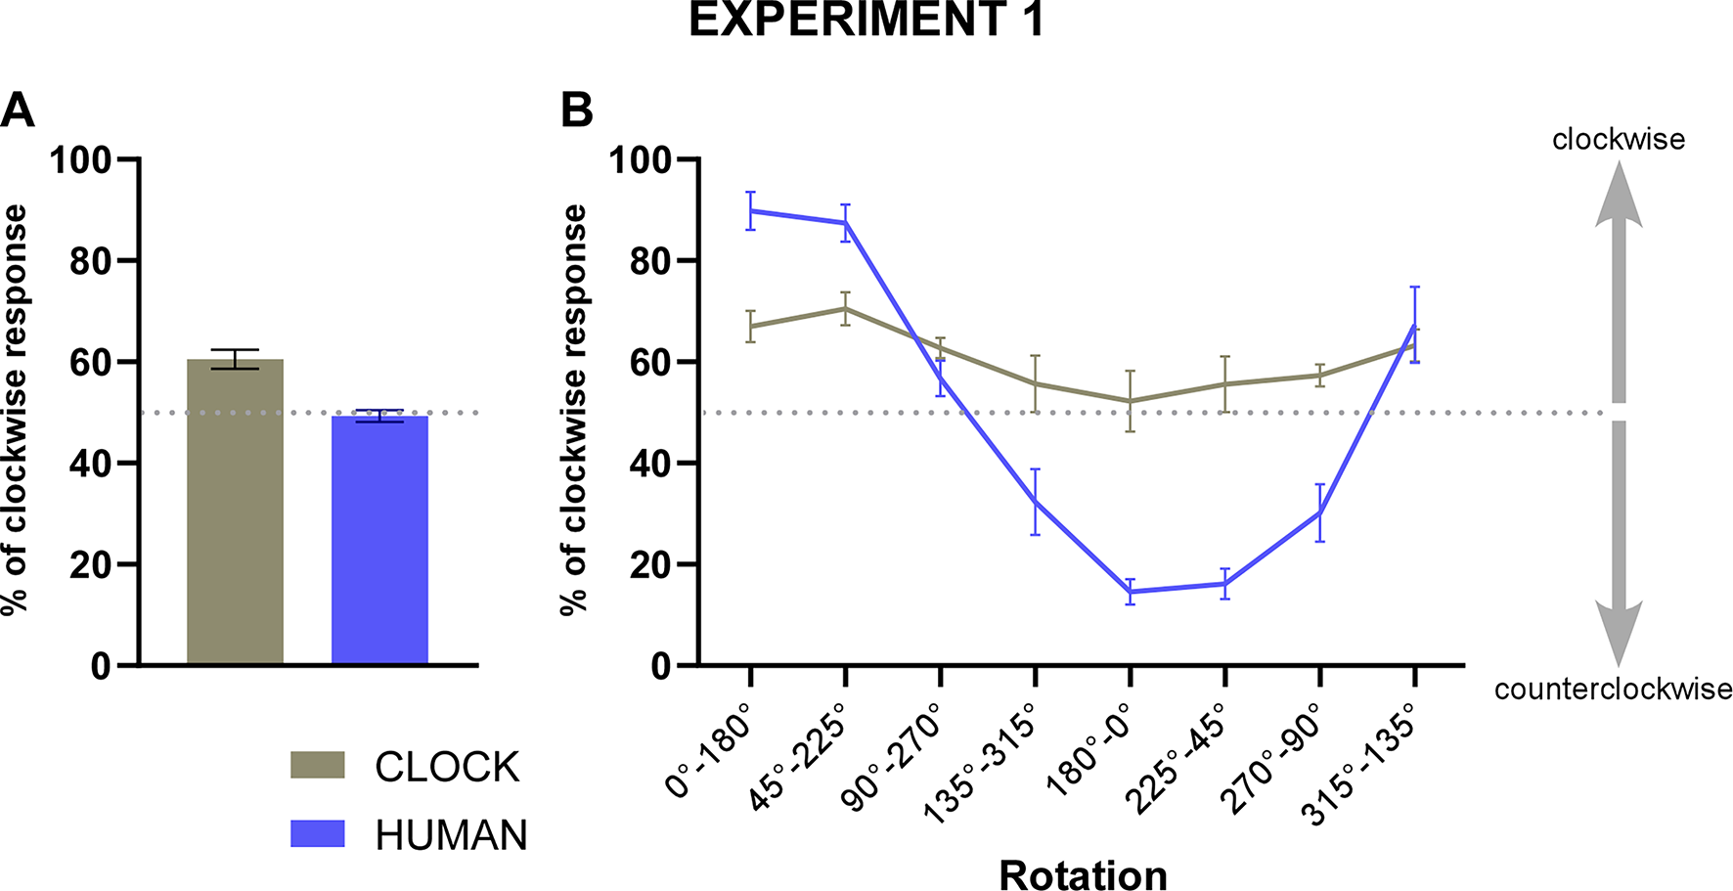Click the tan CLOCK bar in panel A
tap(235, 513)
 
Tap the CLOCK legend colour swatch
tap(318, 765)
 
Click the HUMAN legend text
tap(451, 835)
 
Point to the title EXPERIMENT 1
tap(866, 21)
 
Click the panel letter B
tap(577, 111)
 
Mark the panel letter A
tap(18, 111)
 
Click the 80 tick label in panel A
tap(90, 261)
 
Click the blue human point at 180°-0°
tap(1130, 591)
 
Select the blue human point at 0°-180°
tap(750, 210)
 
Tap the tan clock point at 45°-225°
tap(845, 308)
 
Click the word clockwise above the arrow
tap(1619, 140)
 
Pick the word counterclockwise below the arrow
tap(1613, 690)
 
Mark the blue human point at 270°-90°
tap(1319, 512)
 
